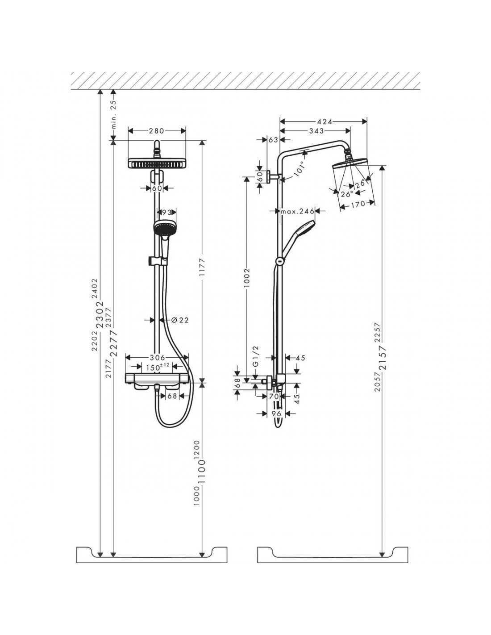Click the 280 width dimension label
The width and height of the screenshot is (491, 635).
tap(157, 131)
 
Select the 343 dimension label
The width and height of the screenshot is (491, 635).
tap(316, 131)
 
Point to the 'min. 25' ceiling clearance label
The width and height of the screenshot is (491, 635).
tap(114, 114)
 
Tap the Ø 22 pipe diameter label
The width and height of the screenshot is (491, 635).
tap(180, 320)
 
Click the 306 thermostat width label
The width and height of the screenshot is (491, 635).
tap(157, 357)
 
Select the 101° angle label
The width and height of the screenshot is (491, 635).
tap(300, 168)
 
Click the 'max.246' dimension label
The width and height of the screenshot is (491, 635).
tap(297, 211)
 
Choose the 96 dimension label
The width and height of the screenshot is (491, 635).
tap(276, 413)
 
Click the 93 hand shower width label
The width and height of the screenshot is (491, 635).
tap(166, 213)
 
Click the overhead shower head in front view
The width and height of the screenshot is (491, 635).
tap(157, 163)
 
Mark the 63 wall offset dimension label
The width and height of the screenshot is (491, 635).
tap(273, 140)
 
